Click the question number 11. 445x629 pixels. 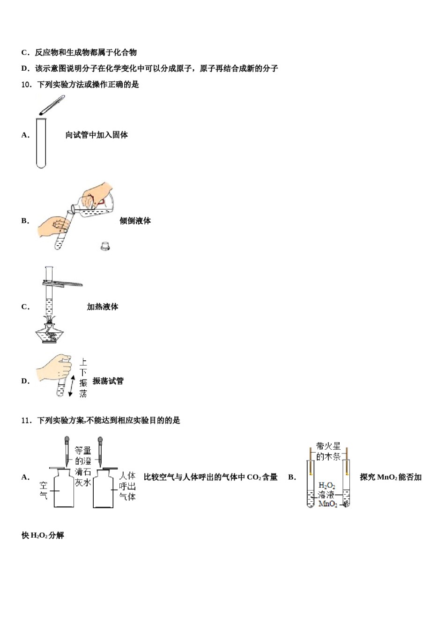[26, 421]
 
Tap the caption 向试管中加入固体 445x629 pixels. [96, 135]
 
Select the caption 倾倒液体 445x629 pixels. [135, 221]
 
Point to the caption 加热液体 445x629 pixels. [102, 307]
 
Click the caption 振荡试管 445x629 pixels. [108, 381]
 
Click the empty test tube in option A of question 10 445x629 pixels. [41, 143]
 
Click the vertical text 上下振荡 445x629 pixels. [83, 378]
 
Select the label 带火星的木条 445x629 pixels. [328, 452]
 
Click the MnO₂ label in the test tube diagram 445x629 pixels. [327, 504]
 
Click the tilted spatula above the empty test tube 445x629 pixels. [52, 105]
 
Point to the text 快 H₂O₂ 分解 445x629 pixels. [43, 535]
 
